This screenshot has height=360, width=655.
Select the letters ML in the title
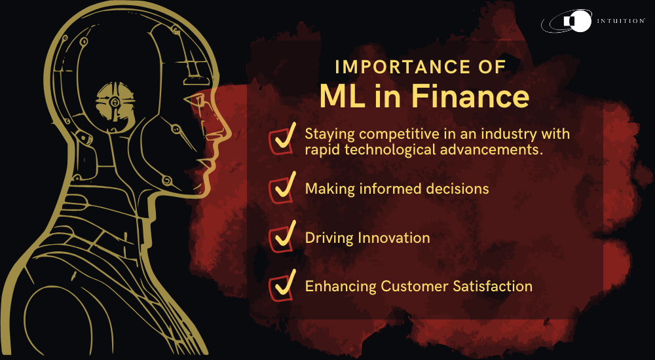click(x=340, y=96)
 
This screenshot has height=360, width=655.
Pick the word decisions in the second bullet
click(x=458, y=189)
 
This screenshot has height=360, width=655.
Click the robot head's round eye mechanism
click(x=115, y=102)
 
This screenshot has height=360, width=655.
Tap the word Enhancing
click(x=340, y=286)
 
